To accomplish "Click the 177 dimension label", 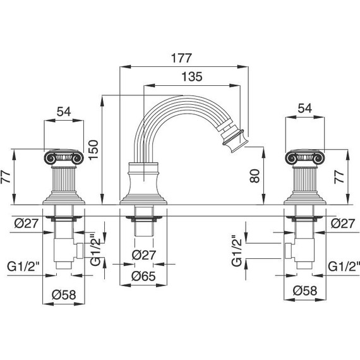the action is pos(181,58).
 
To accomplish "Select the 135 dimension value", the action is pos(192,76).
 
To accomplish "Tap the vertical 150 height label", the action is pos(93,150).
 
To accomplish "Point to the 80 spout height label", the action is pos(255,176).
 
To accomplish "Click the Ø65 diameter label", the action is pos(143,276).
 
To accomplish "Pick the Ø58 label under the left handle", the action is pos(64,294).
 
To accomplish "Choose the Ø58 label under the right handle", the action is pos(305,291).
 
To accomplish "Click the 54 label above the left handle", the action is pos(64,112).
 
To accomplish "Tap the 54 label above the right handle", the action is pos(305,108).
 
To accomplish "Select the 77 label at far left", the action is pos(6,177).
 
